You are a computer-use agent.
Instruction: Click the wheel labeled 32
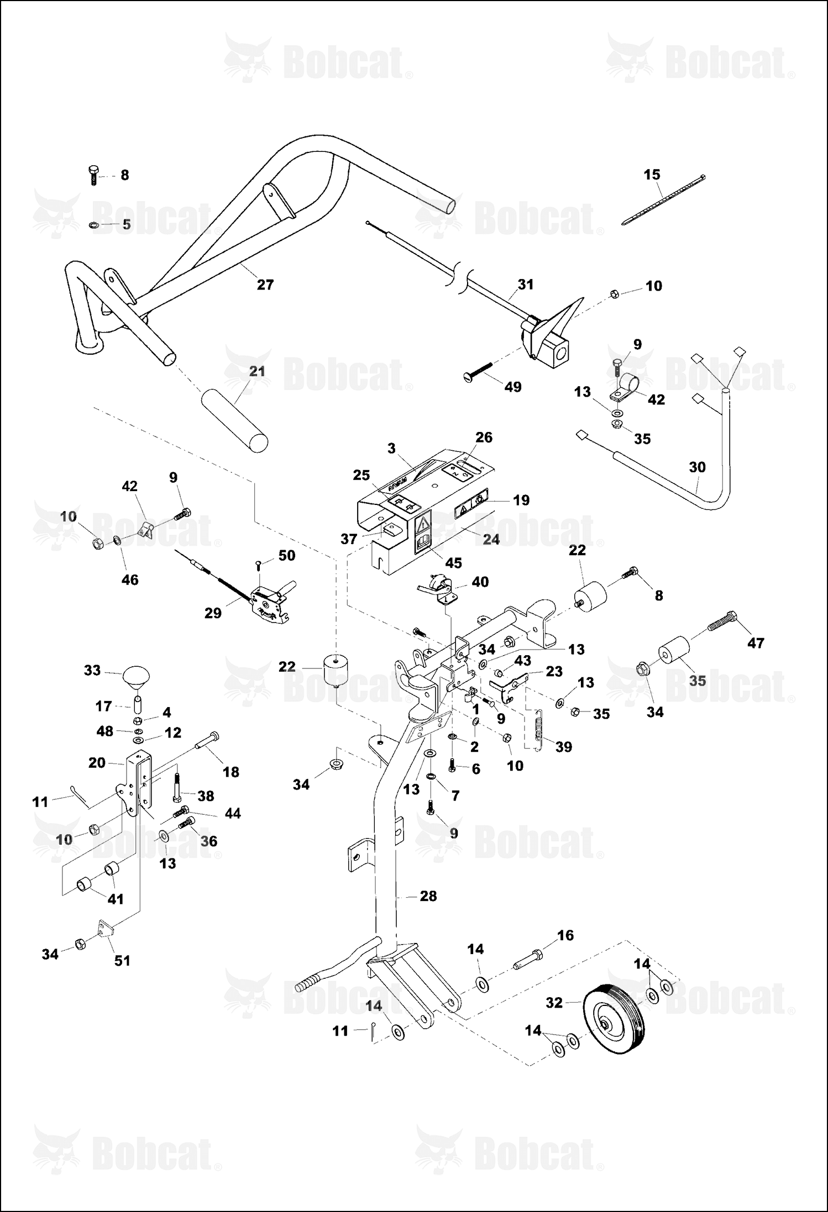pos(614,1019)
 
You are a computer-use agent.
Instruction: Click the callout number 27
pos(265,284)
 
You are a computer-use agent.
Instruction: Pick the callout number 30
pos(698,467)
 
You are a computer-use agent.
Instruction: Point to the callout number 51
pos(122,960)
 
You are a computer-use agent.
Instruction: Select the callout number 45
pos(453,562)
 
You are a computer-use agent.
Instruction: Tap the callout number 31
pos(526,284)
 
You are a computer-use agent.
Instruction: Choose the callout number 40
pos(480,582)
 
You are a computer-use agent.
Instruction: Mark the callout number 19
pos(521,500)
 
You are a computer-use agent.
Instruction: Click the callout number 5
pos(127,224)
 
